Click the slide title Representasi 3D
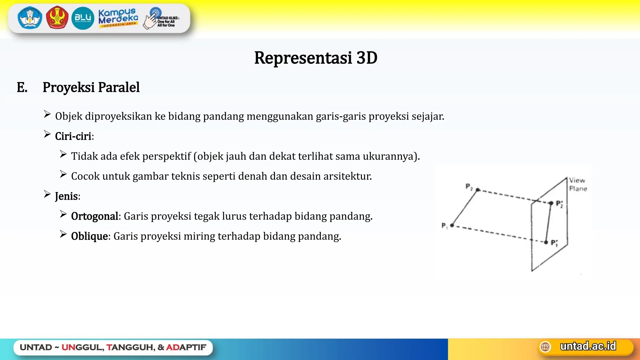coord(316,58)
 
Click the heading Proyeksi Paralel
coord(91,87)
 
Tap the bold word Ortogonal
coord(94,216)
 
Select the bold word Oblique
coord(89,236)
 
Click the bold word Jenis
coord(66,196)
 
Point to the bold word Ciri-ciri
coord(73,136)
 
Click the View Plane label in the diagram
coord(577,184)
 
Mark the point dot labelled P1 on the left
coord(452,225)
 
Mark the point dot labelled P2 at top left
coord(477,190)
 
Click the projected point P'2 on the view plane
coord(551,203)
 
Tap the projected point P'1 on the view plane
coord(546,242)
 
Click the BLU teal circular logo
coord(83,18)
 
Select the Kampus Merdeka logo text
coord(118,17)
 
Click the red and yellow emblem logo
coord(57,18)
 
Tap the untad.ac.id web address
coord(588,346)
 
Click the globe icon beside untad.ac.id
coord(545,347)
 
